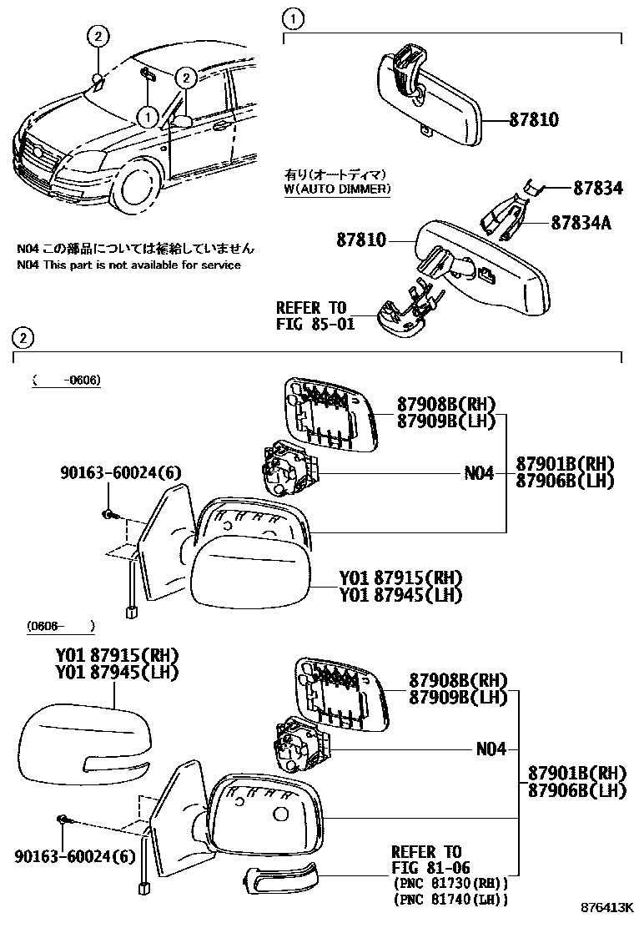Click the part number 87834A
(586, 223)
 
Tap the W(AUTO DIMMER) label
(337, 189)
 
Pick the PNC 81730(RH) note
(450, 883)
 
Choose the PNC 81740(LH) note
(450, 899)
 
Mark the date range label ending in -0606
(67, 381)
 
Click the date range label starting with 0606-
(60, 625)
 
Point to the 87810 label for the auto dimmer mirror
(362, 240)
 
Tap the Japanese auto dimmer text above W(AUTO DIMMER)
(334, 174)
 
